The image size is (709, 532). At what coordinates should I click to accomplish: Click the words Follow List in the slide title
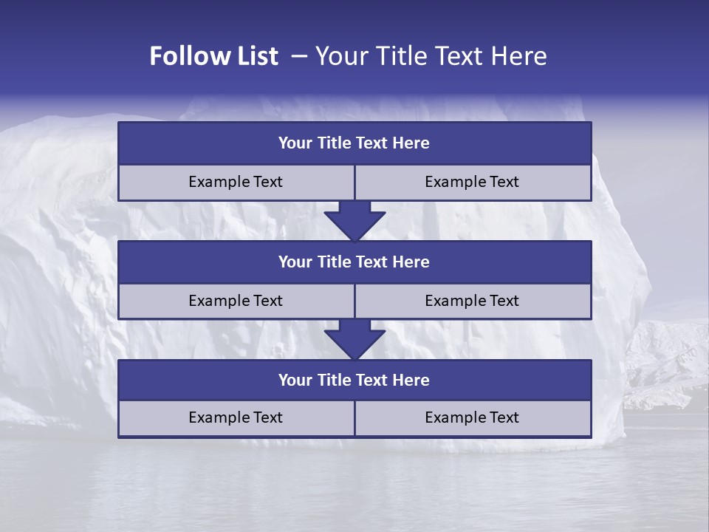pos(213,56)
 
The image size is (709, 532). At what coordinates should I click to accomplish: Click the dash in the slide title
pos(299,56)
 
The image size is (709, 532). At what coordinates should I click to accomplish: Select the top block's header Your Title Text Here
pos(354,143)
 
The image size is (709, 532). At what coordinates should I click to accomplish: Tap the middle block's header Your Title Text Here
pos(354,262)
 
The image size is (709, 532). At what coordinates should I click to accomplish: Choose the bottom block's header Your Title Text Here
pos(354,381)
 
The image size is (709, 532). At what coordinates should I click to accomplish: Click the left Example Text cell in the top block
pos(236,183)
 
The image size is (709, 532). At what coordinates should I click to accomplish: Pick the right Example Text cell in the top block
pos(472,183)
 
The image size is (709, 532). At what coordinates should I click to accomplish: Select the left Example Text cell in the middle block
pos(236,301)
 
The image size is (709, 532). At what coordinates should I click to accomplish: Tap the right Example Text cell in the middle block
pos(472,301)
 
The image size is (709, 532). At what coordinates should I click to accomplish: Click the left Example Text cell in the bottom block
pos(236,418)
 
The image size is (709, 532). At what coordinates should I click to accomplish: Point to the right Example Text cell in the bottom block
pos(472,418)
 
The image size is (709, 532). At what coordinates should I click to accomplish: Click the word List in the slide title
pos(255,56)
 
